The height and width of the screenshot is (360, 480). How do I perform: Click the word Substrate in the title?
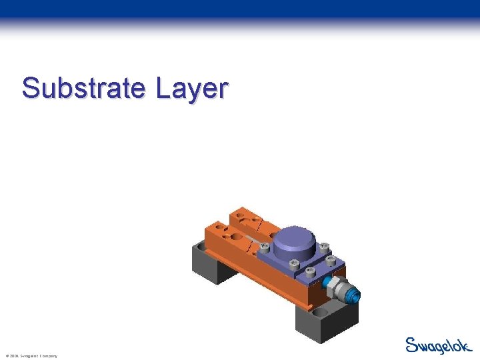pos(83,87)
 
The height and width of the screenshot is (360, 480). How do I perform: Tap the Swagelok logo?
pos(437,345)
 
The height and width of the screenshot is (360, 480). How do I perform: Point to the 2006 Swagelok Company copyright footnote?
pos(31,356)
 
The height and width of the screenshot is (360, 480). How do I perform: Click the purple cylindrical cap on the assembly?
pos(293,240)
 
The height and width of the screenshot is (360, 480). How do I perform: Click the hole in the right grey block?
pos(322,311)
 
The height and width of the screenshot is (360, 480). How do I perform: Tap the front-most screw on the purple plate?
pos(311,271)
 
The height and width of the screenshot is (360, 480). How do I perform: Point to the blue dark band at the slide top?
pos(240,9)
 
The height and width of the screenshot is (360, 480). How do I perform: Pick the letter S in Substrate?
pos(30,87)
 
